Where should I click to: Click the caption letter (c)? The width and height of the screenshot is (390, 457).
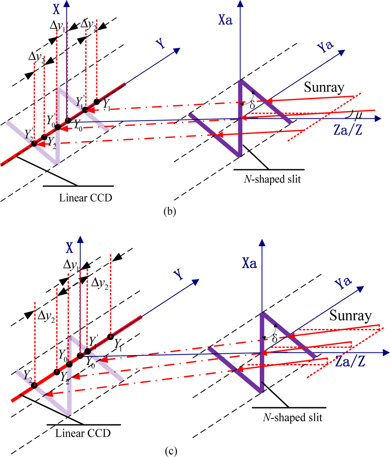tap(169, 451)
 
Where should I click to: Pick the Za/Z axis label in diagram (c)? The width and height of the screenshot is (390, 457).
tap(350, 363)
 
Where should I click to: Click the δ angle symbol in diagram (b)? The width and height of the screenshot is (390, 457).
tap(251, 104)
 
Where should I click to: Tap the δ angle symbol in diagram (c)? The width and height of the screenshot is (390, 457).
tap(274, 339)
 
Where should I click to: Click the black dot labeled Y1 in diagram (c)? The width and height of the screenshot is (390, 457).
tap(111, 337)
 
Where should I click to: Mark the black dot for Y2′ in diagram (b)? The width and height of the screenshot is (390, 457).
tap(34, 143)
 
